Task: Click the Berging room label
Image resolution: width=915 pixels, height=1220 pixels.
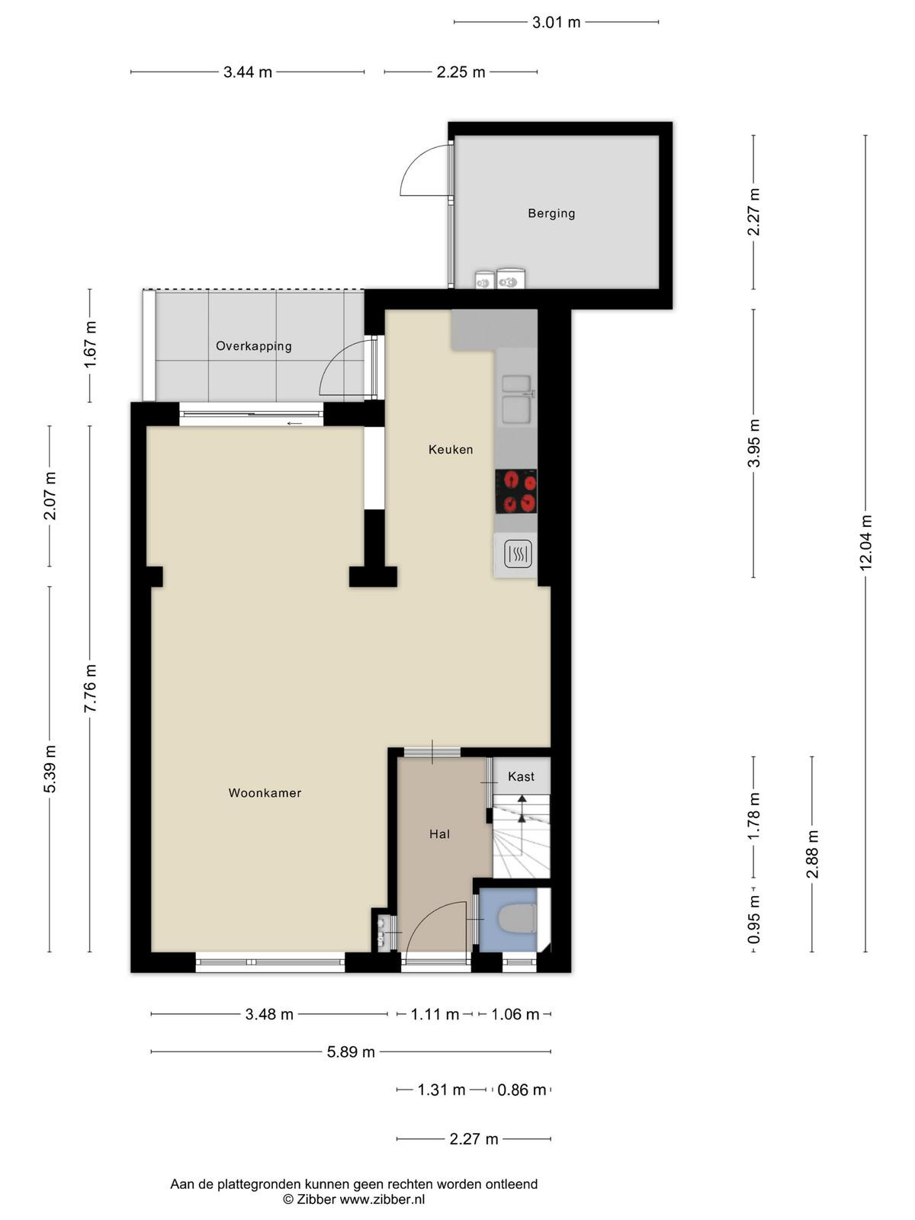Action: tap(551, 213)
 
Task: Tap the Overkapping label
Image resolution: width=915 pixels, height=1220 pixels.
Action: tap(253, 345)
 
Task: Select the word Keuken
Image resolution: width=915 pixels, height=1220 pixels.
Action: tap(450, 449)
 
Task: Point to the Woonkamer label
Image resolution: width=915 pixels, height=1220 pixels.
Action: tap(265, 792)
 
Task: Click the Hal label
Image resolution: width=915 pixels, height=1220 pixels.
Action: tap(439, 833)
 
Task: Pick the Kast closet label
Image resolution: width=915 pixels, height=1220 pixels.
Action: tap(521, 776)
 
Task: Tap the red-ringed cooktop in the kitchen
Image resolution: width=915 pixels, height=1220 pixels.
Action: tap(515, 491)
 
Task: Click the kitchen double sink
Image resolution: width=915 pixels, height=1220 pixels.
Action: tap(517, 399)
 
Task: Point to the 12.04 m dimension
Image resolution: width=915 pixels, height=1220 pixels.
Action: tap(865, 543)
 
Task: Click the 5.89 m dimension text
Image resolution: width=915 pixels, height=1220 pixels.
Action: tap(351, 1051)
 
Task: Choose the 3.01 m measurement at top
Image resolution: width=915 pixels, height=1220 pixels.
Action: tap(556, 22)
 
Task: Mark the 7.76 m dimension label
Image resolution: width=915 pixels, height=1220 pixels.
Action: tap(90, 688)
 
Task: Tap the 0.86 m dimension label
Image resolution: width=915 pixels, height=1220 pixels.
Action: tap(521, 1090)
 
